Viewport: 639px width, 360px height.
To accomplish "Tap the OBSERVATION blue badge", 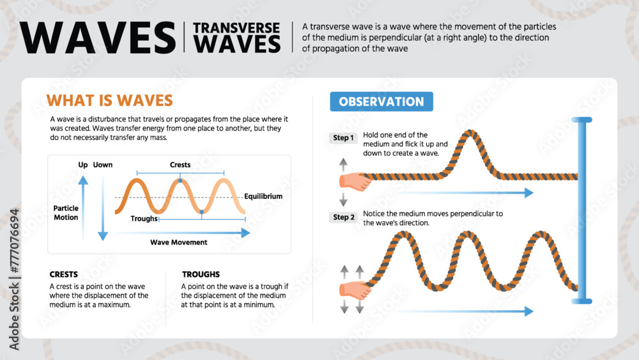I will [381, 102].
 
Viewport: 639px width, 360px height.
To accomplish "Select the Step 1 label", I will [344, 138].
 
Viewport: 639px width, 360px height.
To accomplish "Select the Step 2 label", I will [344, 217].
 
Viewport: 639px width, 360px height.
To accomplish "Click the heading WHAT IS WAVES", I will [110, 100].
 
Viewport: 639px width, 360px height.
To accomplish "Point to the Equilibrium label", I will [263, 196].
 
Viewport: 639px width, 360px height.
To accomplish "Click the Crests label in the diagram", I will [180, 165].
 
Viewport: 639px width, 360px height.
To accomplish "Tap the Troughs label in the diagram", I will [144, 219].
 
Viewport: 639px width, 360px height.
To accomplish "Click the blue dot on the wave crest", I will [180, 181].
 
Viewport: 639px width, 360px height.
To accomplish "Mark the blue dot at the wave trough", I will [202, 212].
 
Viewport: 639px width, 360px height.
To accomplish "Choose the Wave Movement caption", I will [179, 242].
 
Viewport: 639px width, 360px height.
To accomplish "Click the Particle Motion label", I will [66, 213].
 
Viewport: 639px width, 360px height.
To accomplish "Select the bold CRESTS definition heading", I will [64, 274].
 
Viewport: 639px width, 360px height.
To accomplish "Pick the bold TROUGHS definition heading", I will [201, 274].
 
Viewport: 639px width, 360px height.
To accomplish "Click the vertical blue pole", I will [581, 211].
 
